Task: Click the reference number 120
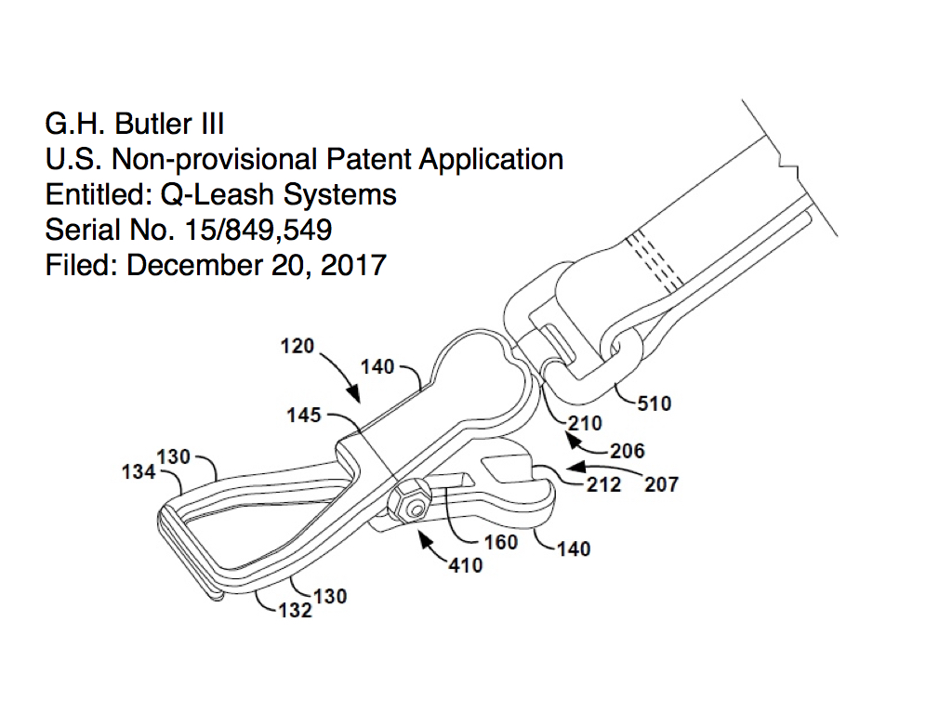pyautogui.click(x=297, y=346)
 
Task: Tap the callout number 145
pyautogui.click(x=304, y=416)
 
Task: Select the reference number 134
pyautogui.click(x=139, y=471)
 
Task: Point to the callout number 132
pyautogui.click(x=295, y=610)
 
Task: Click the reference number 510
pyautogui.click(x=654, y=403)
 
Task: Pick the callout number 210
pyautogui.click(x=585, y=423)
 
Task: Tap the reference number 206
pyautogui.click(x=628, y=451)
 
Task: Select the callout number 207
pyautogui.click(x=661, y=484)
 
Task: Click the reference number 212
pyautogui.click(x=603, y=484)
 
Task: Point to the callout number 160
pyautogui.click(x=501, y=542)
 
